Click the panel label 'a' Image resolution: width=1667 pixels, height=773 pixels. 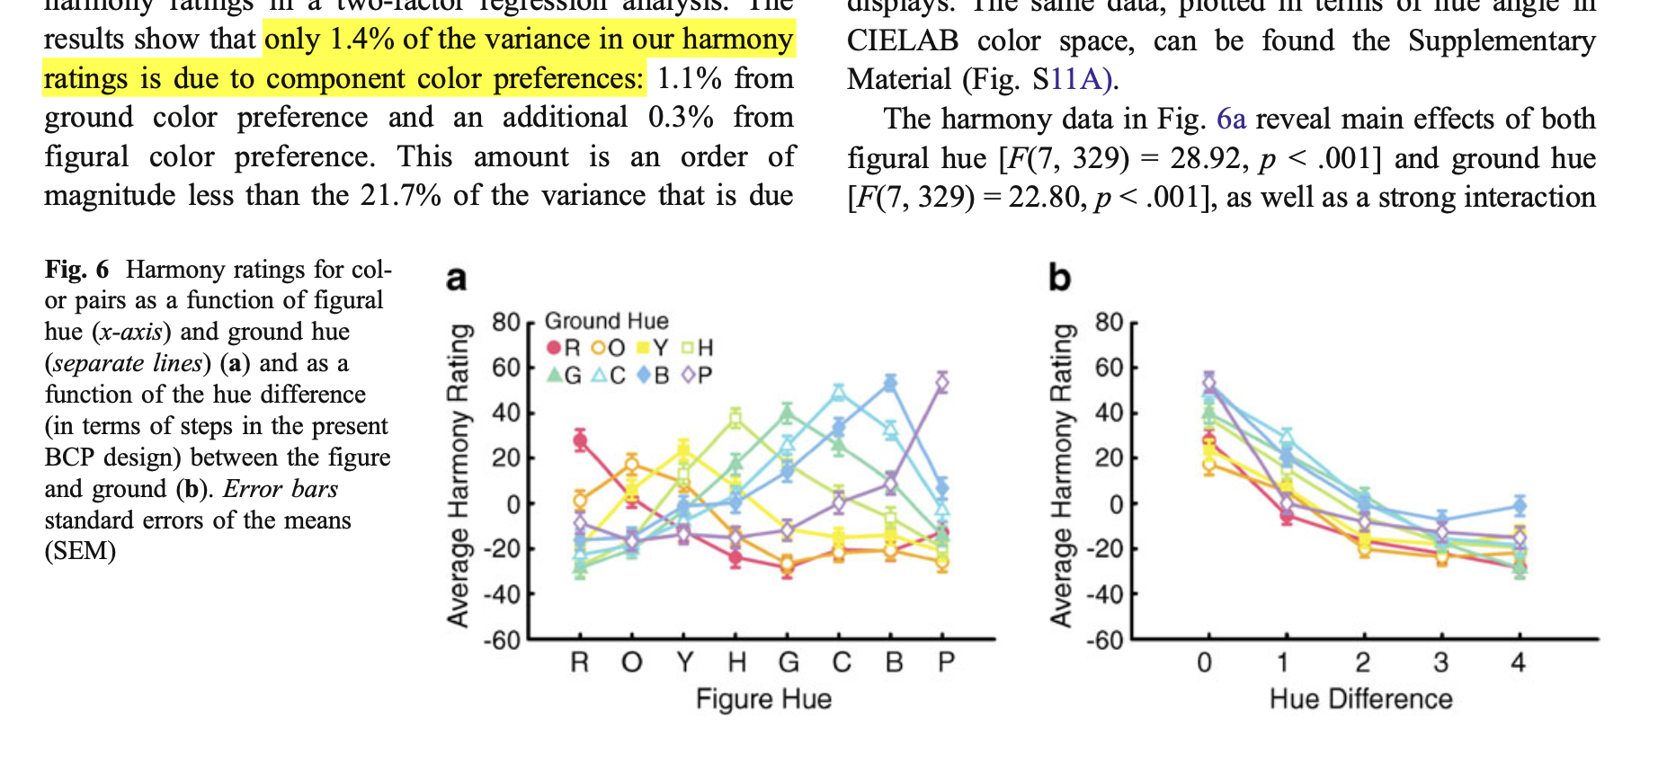(456, 278)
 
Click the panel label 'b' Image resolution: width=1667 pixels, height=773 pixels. (1059, 277)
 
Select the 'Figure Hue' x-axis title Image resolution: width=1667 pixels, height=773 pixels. (763, 698)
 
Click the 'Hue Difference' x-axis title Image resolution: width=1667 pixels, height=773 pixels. (1360, 698)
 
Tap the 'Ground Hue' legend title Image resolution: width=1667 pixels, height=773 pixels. (607, 321)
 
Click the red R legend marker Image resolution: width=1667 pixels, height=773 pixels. (554, 348)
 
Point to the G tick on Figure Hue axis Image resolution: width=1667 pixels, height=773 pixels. (789, 662)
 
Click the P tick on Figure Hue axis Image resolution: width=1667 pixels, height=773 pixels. (946, 662)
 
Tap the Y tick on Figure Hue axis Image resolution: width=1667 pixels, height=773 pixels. (685, 662)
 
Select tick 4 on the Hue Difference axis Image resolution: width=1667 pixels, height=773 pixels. (1519, 662)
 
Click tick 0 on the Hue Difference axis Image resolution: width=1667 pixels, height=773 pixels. (1205, 662)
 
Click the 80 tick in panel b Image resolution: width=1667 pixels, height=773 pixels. (1108, 322)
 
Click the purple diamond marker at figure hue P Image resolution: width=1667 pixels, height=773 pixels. (941, 383)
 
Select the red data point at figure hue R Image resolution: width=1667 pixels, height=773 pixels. (580, 440)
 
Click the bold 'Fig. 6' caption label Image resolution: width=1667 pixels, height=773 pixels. (76, 270)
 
